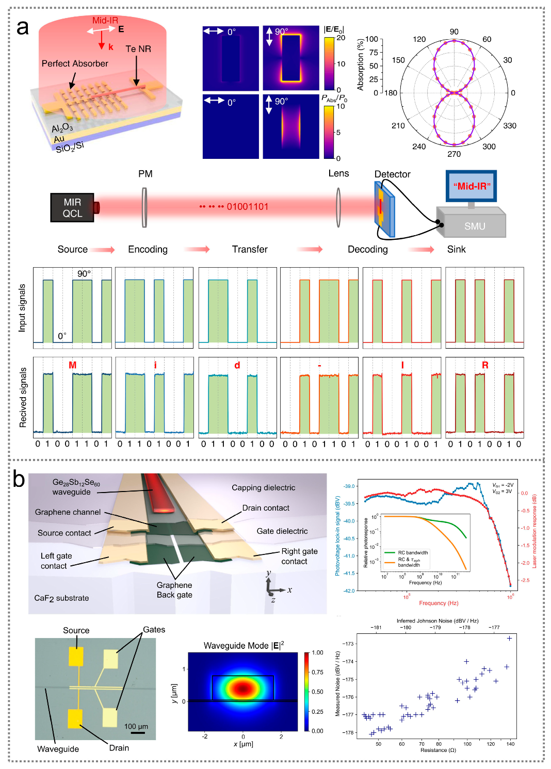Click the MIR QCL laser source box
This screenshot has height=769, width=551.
click(72, 208)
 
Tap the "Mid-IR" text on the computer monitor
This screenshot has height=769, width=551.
click(472, 186)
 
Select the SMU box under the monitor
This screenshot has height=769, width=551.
click(474, 226)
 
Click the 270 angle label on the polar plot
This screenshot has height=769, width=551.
click(454, 154)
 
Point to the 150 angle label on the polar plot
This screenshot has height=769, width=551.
click(398, 60)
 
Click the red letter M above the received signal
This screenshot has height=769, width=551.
click(72, 365)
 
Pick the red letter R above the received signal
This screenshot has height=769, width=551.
click(485, 365)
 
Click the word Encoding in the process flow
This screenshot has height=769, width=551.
click(148, 250)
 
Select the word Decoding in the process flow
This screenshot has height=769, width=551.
click(367, 250)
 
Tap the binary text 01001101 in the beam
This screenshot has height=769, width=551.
click(248, 207)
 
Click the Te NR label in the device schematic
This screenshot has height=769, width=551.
click(138, 49)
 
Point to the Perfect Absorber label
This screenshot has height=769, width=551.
click(75, 63)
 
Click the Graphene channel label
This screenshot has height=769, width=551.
click(68, 512)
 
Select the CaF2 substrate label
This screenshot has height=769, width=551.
click(61, 598)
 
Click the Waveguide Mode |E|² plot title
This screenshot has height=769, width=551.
click(244, 646)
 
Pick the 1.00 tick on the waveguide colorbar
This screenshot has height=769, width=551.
click(317, 653)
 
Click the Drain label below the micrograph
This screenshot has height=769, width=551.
click(119, 748)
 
